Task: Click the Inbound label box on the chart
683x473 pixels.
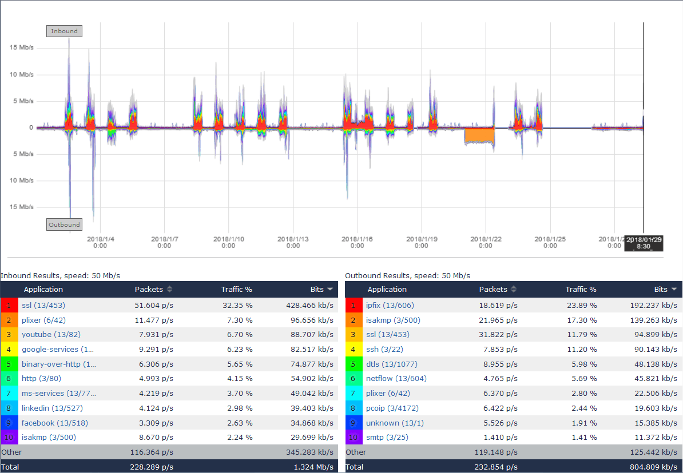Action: [64, 31]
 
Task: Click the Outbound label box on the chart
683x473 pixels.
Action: [64, 225]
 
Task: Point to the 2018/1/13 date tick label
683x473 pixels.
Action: [293, 242]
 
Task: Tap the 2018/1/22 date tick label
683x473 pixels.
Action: [486, 242]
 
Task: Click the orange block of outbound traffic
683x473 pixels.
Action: [479, 135]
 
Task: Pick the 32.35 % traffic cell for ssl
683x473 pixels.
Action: [237, 305]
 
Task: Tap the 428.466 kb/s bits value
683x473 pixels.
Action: [309, 305]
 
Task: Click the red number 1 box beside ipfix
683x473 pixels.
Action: [354, 305]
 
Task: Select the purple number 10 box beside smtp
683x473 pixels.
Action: [354, 438]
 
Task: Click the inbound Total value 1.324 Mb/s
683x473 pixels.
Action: [315, 467]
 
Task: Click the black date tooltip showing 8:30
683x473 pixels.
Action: [644, 243]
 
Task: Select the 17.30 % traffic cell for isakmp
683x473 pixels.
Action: [582, 320]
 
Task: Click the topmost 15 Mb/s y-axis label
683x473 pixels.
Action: [22, 47]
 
